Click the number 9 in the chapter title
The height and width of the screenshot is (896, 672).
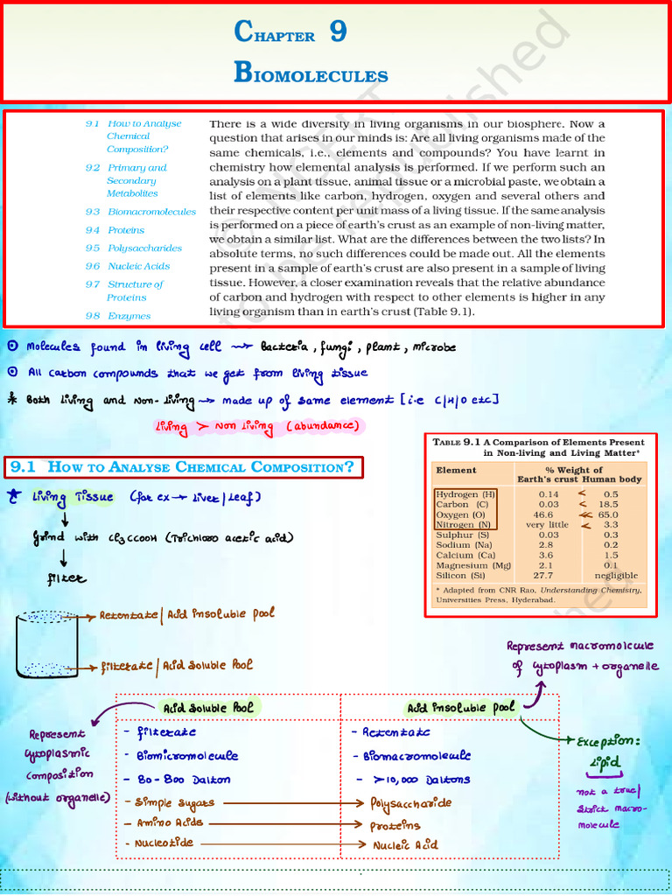pyautogui.click(x=338, y=33)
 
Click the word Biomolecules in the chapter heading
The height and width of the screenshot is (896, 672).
pyautogui.click(x=311, y=73)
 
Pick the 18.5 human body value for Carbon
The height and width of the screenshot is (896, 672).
pyautogui.click(x=610, y=506)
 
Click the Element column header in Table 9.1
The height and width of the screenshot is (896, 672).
pyautogui.click(x=456, y=470)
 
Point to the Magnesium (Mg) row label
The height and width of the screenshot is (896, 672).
pyautogui.click(x=473, y=564)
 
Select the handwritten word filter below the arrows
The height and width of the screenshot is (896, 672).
pyautogui.click(x=67, y=578)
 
